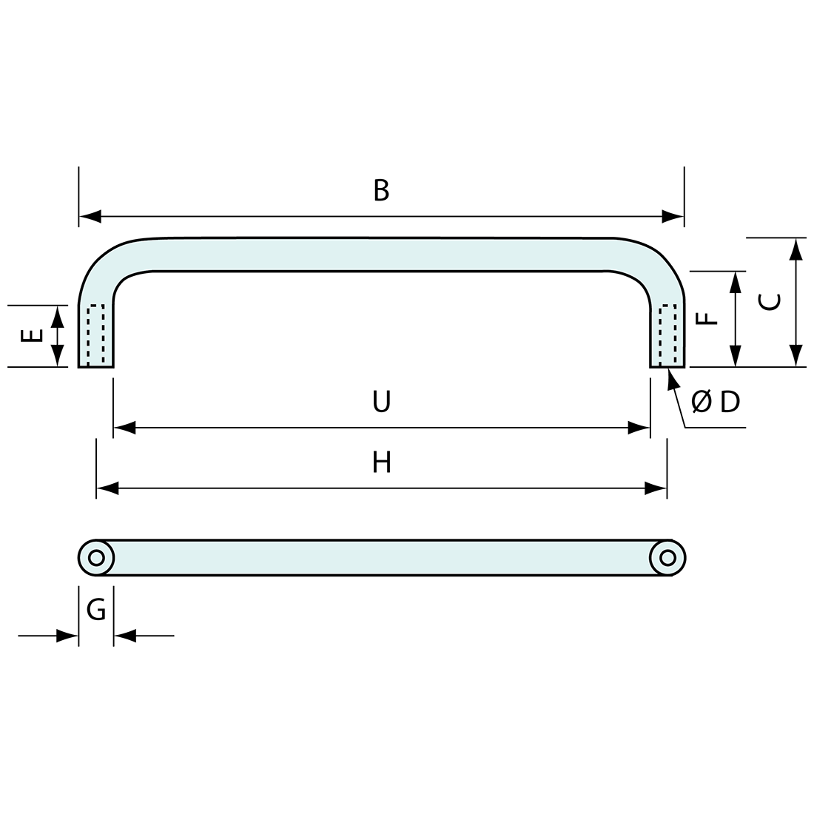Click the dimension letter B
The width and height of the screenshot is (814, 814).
point(381,190)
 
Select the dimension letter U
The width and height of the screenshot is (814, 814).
point(382,401)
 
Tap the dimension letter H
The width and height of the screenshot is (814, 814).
point(382,462)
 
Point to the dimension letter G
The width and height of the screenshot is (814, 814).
point(96,609)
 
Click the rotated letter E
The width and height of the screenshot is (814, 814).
point(32,337)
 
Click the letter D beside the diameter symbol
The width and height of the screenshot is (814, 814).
point(730,402)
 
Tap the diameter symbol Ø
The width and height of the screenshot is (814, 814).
point(702,402)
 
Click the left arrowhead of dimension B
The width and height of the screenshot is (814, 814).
point(90,217)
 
